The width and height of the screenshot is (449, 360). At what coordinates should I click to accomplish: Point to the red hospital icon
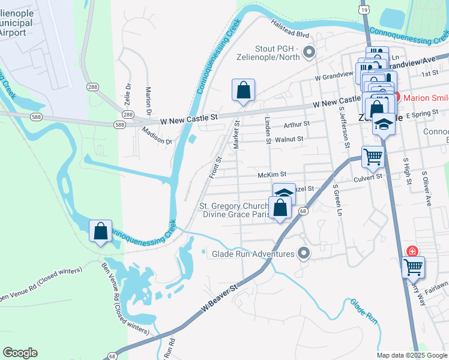(x=412, y=251)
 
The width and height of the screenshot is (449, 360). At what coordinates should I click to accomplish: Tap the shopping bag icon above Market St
(x=244, y=91)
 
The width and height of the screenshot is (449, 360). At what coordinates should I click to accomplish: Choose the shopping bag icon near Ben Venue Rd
(x=100, y=230)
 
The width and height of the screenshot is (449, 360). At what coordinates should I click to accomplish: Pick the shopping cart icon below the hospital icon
(x=413, y=267)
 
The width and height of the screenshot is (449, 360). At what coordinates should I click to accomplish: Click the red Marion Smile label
(x=424, y=98)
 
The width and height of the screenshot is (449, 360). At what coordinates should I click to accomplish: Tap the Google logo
(x=20, y=353)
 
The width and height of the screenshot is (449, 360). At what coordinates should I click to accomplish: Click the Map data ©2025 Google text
(x=412, y=355)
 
